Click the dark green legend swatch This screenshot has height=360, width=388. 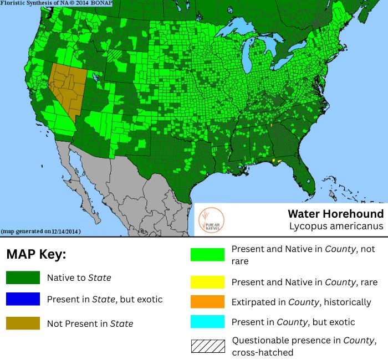click(x=23, y=277)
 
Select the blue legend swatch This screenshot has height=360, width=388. click(x=23, y=299)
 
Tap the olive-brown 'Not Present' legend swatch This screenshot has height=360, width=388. click(x=23, y=323)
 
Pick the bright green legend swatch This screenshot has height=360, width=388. click(x=207, y=255)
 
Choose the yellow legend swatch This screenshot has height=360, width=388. click(x=207, y=282)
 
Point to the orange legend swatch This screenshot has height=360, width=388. click(x=207, y=302)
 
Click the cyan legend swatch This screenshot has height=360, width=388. click(x=207, y=322)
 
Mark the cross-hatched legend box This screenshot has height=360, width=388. click(x=207, y=346)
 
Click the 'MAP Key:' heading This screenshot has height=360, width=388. click(x=36, y=255)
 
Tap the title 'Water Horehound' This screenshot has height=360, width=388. click(x=335, y=214)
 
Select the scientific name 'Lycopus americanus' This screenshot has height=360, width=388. click(x=336, y=226)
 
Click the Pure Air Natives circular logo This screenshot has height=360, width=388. click(x=210, y=219)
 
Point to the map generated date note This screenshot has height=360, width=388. click(x=41, y=231)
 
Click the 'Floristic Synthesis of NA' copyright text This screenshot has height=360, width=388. click(x=55, y=3)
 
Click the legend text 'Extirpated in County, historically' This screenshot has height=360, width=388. click(x=301, y=302)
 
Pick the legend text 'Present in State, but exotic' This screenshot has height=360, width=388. click(x=105, y=299)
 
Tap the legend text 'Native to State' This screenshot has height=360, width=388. click(x=79, y=277)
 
